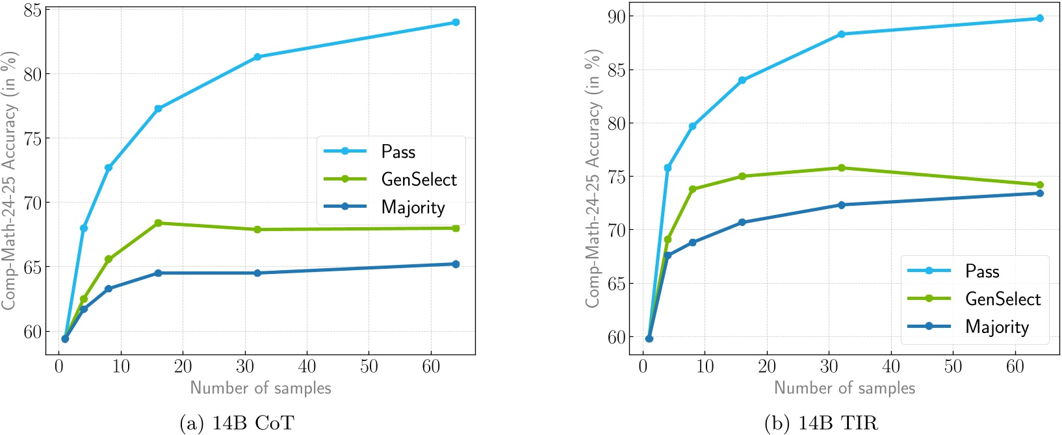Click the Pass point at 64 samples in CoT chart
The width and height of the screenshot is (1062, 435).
click(x=456, y=22)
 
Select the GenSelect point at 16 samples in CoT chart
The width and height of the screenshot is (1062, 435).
click(x=158, y=223)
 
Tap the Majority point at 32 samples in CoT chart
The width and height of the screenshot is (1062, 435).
click(x=257, y=273)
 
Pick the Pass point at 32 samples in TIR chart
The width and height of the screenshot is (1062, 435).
click(x=841, y=34)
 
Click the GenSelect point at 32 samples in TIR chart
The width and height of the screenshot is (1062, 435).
click(x=841, y=168)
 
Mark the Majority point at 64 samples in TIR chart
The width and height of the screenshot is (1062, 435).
click(x=1040, y=193)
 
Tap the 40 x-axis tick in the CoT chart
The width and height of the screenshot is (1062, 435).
click(x=307, y=366)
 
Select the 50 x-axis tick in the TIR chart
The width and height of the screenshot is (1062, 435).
click(x=953, y=366)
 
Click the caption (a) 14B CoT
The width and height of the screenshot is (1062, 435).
click(x=237, y=423)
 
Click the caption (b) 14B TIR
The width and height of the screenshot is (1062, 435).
click(x=822, y=423)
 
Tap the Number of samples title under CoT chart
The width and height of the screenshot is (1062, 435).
click(x=261, y=388)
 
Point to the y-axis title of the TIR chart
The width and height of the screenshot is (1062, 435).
click(x=593, y=179)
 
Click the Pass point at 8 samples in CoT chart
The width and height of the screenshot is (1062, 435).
click(x=109, y=168)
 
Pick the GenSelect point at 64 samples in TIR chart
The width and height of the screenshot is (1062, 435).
click(x=1040, y=185)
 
